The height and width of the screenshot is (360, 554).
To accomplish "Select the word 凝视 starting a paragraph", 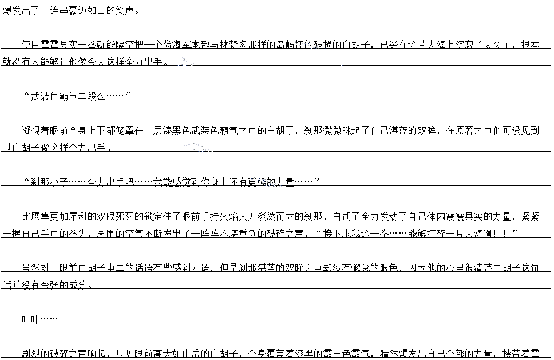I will pos(31,130).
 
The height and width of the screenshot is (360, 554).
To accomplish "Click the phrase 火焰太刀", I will pos(258,216).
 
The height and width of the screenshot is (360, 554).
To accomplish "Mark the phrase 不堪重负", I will pos(238,234).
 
